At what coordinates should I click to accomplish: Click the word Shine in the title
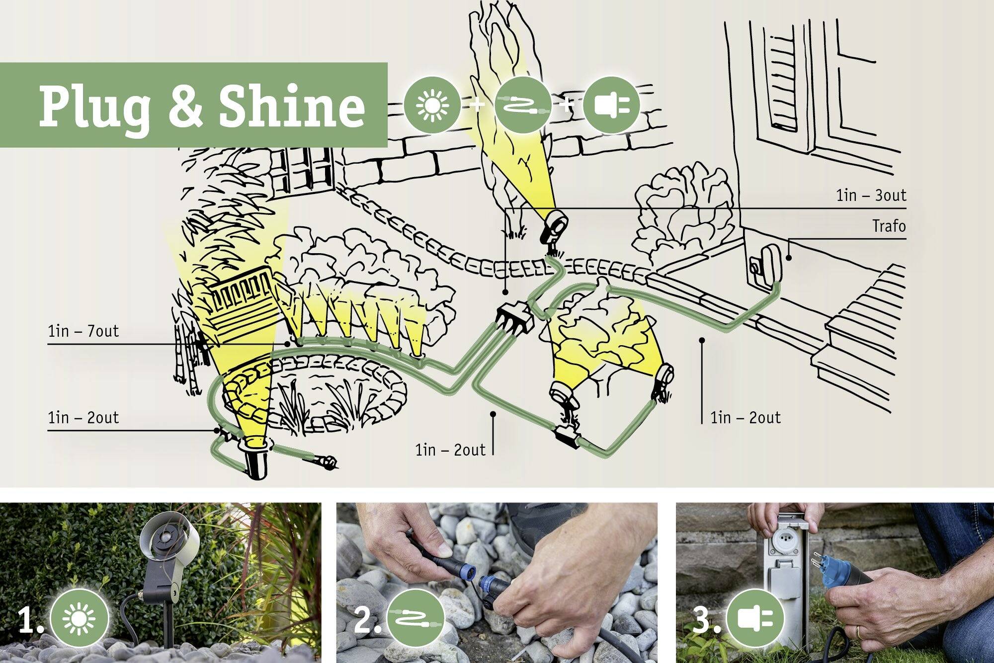(x=292, y=106)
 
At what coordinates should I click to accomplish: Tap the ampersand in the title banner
(x=185, y=106)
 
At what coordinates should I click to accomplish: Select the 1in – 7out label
(x=83, y=331)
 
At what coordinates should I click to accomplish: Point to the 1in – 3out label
(x=871, y=195)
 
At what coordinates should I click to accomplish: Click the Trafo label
(x=889, y=227)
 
